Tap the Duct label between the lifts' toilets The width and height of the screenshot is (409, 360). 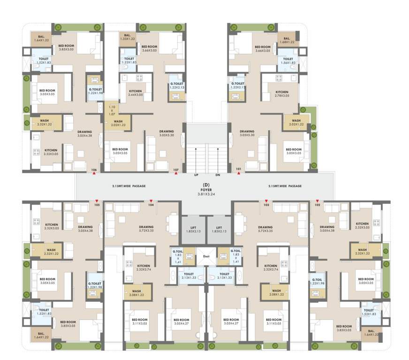pyautogui.click(x=206, y=256)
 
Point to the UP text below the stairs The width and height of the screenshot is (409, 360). pyautogui.click(x=196, y=175)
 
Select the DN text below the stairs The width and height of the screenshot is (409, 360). pyautogui.click(x=218, y=175)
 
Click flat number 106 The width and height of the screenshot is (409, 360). pyautogui.click(x=94, y=169)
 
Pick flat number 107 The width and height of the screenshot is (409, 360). pyautogui.click(x=176, y=169)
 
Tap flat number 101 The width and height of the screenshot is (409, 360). pyautogui.click(x=239, y=169)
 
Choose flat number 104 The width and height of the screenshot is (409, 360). pyautogui.click(x=151, y=205)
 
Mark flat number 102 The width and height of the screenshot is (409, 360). pyautogui.click(x=318, y=205)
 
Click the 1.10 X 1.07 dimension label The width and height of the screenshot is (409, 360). pyautogui.click(x=112, y=110)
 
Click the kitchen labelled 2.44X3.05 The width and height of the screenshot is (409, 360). pyautogui.click(x=136, y=93)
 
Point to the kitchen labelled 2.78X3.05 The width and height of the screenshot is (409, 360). pyautogui.click(x=282, y=94)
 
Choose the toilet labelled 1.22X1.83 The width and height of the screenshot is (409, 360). pyautogui.click(x=129, y=60)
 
